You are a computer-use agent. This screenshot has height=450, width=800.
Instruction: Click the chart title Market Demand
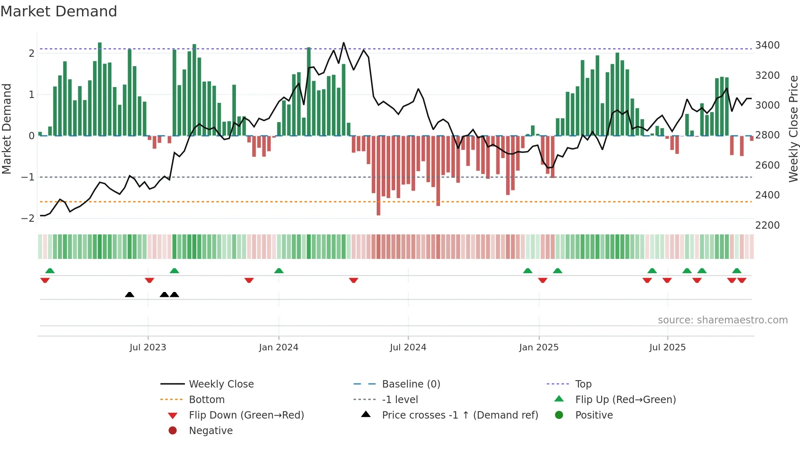point(59,11)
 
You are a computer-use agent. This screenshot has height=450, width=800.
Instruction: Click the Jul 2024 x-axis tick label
point(408,348)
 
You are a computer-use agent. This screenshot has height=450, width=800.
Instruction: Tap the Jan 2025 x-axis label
point(538,348)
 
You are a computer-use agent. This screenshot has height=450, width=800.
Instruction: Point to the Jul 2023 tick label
point(148,348)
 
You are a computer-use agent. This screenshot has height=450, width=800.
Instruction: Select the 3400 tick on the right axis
point(767,45)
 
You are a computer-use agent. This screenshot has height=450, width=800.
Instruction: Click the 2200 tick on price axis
point(767,225)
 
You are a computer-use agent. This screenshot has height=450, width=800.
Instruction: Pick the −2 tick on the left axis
point(28,218)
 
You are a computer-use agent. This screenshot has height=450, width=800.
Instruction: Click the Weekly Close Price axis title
point(793,129)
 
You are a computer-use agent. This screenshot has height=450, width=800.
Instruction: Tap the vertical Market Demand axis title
point(7,129)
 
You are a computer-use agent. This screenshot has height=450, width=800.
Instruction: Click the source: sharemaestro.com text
point(722,320)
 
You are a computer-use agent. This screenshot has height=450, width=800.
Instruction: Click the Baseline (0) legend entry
point(411,384)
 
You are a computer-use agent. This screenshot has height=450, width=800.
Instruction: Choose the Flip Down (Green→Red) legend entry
point(246,415)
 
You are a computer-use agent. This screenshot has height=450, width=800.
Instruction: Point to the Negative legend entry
point(211,431)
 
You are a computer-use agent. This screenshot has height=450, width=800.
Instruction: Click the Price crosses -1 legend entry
point(460,415)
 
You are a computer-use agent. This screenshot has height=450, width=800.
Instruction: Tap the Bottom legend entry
point(207,400)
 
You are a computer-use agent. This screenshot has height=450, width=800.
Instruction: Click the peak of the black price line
point(343,43)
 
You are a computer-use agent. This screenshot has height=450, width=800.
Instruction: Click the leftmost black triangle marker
point(129,294)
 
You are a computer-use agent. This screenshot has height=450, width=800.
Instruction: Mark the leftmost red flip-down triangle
point(45,280)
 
